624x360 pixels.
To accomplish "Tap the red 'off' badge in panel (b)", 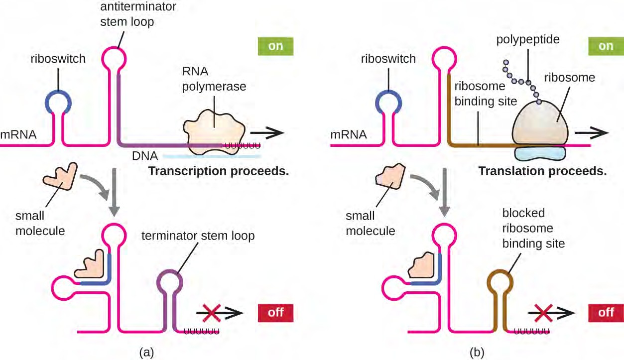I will (x=606, y=313).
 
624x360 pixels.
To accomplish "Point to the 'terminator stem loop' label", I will (x=198, y=236).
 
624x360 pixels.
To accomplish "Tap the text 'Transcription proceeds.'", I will (x=219, y=172).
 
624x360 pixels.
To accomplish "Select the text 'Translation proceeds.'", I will (x=543, y=172).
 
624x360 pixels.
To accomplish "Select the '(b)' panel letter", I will (x=476, y=353).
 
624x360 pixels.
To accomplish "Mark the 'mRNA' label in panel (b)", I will (x=349, y=134).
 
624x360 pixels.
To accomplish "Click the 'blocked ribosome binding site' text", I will (x=523, y=228).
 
